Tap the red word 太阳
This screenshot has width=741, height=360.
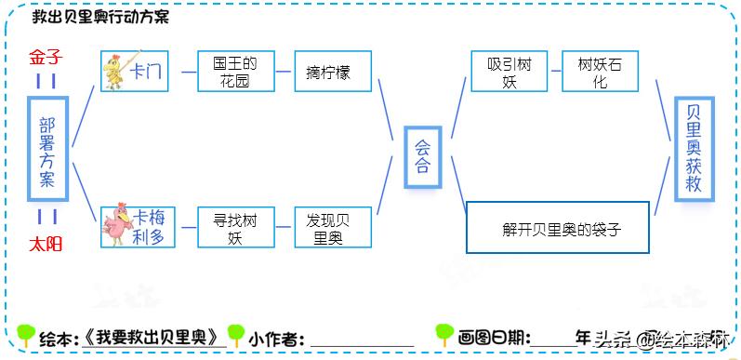click(x=44, y=245)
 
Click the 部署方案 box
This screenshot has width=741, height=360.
click(x=46, y=152)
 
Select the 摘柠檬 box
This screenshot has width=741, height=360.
click(x=332, y=72)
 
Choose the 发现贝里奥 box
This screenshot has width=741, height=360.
click(x=332, y=227)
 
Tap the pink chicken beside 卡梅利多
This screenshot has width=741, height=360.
click(x=118, y=227)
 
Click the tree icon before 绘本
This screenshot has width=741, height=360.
click(x=27, y=335)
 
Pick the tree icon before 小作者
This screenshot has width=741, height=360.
click(x=236, y=335)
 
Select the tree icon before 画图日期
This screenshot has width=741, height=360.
click(x=444, y=335)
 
